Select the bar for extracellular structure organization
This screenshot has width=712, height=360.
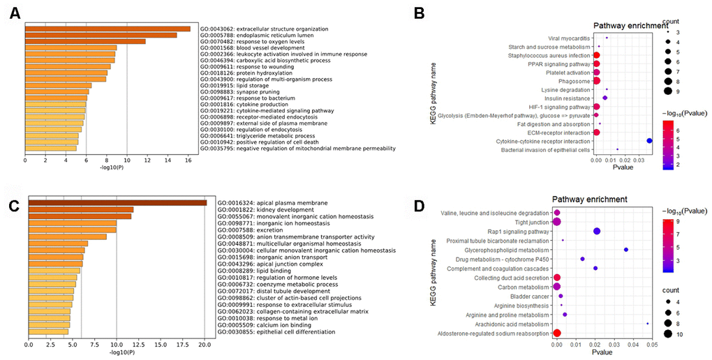tap(107, 29)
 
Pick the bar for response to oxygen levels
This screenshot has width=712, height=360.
tap(85, 42)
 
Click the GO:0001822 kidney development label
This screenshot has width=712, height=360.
tap(262, 209)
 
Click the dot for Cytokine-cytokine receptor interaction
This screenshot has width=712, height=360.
tap(650, 141)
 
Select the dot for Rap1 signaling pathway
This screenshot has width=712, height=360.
tap(597, 231)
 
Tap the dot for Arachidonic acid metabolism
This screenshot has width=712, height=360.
tap(648, 323)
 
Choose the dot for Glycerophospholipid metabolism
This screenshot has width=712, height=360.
tap(626, 250)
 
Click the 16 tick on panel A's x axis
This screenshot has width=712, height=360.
tap(188, 160)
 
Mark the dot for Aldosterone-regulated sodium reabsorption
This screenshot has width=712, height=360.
tap(557, 333)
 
